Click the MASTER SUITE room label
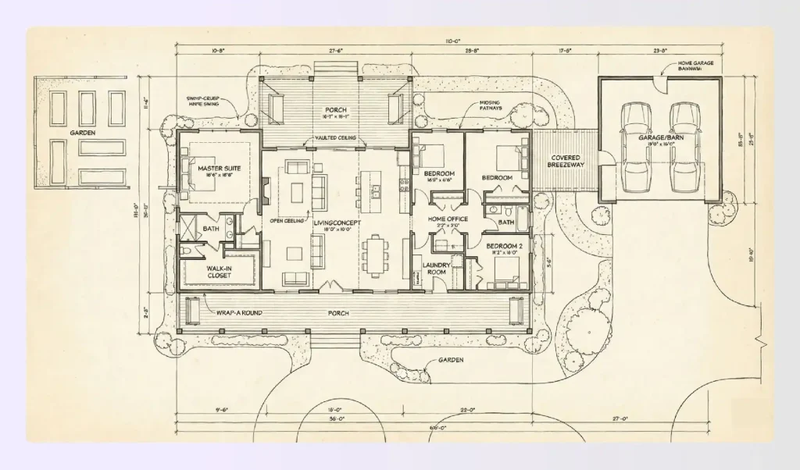click(218, 168)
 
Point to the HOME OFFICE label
click(448, 219)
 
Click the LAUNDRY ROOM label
click(434, 269)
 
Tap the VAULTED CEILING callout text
click(336, 138)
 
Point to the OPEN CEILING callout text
click(286, 221)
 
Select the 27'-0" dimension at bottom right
click(620, 419)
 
